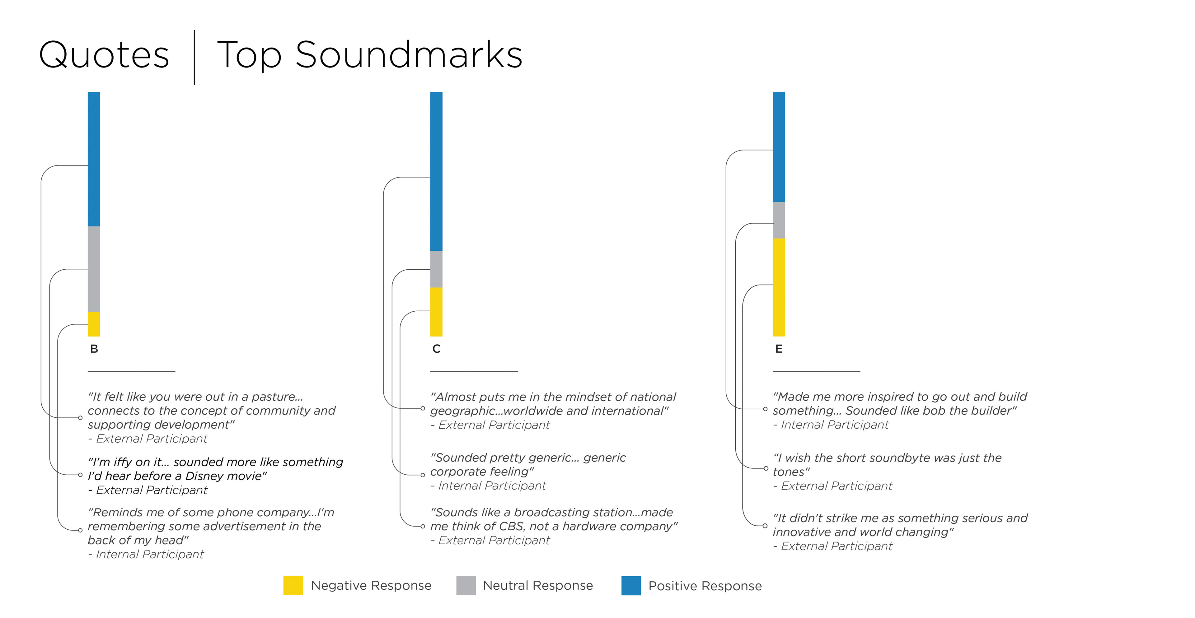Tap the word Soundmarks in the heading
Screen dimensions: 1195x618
409,55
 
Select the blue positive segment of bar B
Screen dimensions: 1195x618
94,159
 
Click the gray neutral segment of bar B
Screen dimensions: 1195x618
94,269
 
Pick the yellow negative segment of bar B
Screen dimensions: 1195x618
94,324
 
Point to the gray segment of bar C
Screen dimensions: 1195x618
436,269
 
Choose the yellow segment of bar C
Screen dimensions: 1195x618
436,312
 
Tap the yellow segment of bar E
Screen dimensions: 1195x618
778,287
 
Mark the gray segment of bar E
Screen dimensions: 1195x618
778,220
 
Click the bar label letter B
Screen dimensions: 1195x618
94,349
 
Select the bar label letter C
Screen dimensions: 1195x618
436,349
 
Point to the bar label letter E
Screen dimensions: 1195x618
778,349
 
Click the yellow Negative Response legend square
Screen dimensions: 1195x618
293,585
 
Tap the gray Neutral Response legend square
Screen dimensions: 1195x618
466,585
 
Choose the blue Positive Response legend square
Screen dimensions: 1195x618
631,585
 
